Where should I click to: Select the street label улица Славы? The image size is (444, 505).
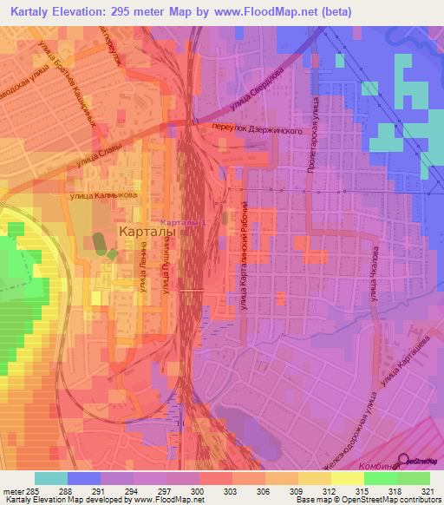[98, 155]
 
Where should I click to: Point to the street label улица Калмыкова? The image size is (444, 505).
[104, 195]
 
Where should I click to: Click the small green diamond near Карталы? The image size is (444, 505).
[111, 253]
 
